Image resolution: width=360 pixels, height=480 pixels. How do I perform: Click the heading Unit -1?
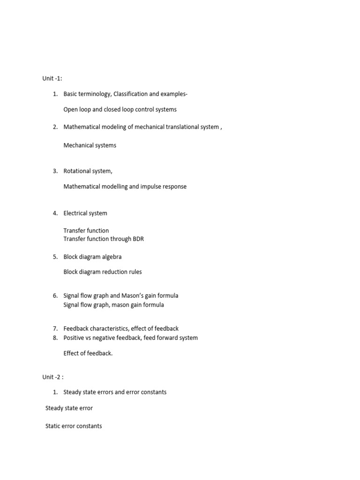click(x=52, y=78)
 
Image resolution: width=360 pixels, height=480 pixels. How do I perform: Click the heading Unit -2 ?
click(x=52, y=376)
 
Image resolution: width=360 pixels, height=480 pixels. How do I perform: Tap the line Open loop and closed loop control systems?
click(x=120, y=109)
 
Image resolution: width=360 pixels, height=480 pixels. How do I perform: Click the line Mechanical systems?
click(x=90, y=145)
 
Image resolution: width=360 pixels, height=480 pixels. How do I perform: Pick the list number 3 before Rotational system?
click(x=55, y=171)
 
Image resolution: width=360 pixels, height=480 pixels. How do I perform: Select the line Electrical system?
click(x=85, y=213)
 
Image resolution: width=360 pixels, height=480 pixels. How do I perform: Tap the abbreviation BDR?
click(x=138, y=239)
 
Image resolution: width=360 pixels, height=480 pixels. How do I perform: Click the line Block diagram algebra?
click(x=92, y=257)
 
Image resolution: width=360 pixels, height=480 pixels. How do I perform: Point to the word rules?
click(x=134, y=272)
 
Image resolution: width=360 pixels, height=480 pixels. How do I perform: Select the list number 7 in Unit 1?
click(x=55, y=329)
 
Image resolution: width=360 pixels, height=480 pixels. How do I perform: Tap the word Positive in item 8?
click(x=74, y=338)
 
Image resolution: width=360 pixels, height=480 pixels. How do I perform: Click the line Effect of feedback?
click(x=88, y=353)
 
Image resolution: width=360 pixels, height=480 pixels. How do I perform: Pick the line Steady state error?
click(x=69, y=408)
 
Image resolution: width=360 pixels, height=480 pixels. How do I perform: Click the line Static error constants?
click(x=74, y=426)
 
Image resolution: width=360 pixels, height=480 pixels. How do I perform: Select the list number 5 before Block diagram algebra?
click(x=55, y=257)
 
